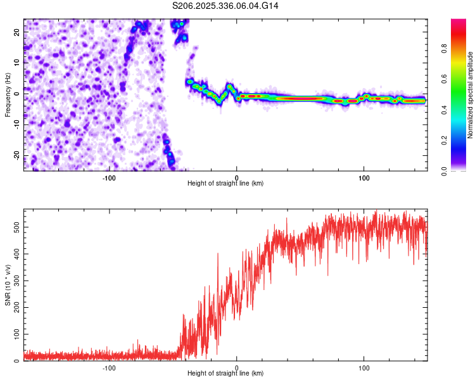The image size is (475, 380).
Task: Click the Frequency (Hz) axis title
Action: click(8, 95)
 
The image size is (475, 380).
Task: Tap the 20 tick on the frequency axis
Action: click(18, 31)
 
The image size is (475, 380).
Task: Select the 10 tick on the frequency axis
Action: click(18, 62)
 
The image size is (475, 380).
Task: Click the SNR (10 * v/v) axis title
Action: click(8, 285)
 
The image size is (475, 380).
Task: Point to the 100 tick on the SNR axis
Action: click(15, 334)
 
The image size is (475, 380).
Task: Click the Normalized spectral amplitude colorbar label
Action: click(471, 95)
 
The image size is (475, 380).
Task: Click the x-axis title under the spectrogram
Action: click(225, 184)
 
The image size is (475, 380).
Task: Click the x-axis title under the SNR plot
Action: click(225, 374)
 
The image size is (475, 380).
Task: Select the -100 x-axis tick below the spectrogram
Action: click(109, 177)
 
